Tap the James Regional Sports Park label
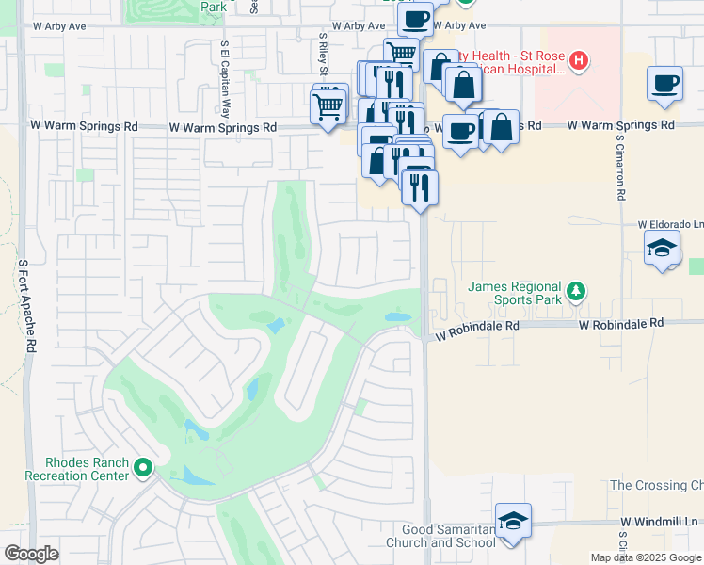point(516,294)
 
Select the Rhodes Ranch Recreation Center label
point(87,469)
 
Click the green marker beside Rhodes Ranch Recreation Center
point(142,467)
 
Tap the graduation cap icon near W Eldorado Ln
point(663,249)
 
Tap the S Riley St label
point(322,54)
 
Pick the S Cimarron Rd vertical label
point(621,168)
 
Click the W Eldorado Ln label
point(670,225)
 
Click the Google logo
point(31,555)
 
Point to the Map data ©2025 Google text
point(645,557)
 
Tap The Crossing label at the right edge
point(656,485)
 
